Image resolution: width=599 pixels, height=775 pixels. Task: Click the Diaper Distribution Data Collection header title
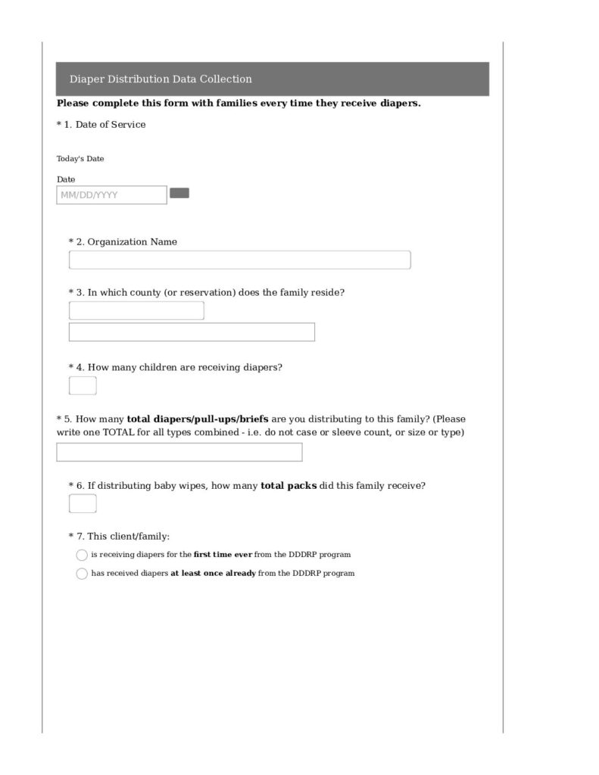pyautogui.click(x=161, y=79)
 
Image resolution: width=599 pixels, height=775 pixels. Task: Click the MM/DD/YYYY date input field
pyautogui.click(x=111, y=195)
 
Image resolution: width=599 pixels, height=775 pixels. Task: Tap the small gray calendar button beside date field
pyautogui.click(x=179, y=193)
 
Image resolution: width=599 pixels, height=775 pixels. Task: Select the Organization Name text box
pyautogui.click(x=239, y=260)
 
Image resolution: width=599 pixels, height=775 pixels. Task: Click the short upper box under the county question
pyautogui.click(x=136, y=310)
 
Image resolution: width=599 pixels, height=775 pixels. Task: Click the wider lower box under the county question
pyautogui.click(x=192, y=332)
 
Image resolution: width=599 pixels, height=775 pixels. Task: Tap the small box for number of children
pyautogui.click(x=83, y=386)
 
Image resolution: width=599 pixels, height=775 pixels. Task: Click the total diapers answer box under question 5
pyautogui.click(x=179, y=452)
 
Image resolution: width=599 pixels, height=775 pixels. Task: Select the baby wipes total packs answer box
pyautogui.click(x=83, y=503)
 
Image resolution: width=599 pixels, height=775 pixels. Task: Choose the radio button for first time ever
pyautogui.click(x=82, y=555)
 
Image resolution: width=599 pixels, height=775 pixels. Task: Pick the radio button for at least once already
pyautogui.click(x=82, y=574)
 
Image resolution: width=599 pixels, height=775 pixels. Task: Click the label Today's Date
pyautogui.click(x=80, y=159)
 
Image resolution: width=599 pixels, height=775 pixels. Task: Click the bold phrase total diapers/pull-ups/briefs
pyautogui.click(x=197, y=419)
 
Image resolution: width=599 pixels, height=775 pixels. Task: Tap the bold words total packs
pyautogui.click(x=289, y=486)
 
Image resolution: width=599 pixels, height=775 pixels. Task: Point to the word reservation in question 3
pyautogui.click(x=203, y=292)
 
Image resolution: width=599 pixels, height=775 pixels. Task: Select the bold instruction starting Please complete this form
pyautogui.click(x=239, y=104)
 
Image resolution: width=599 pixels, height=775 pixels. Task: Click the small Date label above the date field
pyautogui.click(x=66, y=179)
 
